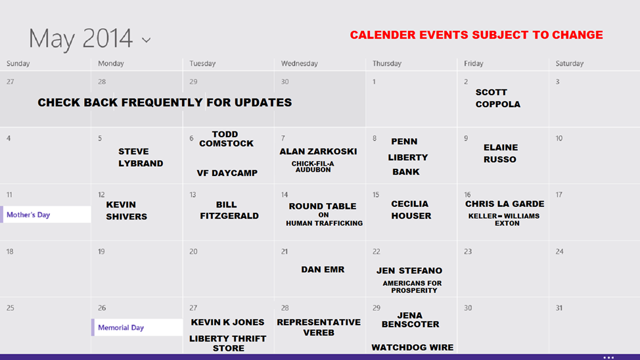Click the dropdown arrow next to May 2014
(x=146, y=40)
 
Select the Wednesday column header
(x=299, y=63)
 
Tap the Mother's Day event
(x=46, y=215)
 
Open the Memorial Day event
(x=137, y=327)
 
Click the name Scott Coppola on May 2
(x=498, y=99)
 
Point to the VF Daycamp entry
(x=227, y=173)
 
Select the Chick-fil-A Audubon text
(x=313, y=166)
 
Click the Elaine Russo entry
(x=501, y=154)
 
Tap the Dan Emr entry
(x=323, y=269)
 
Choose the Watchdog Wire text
(x=412, y=348)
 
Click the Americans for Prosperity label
(x=413, y=286)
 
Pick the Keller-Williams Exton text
(x=504, y=219)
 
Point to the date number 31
(x=559, y=307)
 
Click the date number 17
(x=559, y=194)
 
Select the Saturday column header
(x=570, y=63)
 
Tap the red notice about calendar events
(x=476, y=35)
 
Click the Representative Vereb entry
(x=319, y=327)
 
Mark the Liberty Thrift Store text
(x=228, y=344)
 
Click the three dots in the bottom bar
(x=608, y=357)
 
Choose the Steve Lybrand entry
(x=141, y=158)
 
